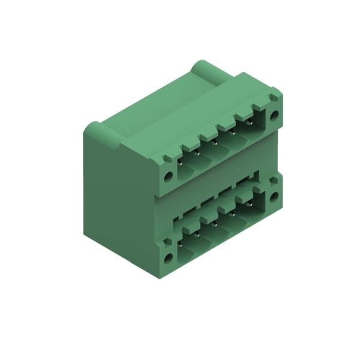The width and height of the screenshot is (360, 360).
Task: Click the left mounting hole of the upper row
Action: click(x=169, y=176)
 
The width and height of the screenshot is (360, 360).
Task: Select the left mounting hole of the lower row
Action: click(x=169, y=257)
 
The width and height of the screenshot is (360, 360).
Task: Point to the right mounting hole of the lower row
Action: click(x=274, y=196)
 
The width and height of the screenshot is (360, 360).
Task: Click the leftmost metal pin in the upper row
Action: click(x=181, y=162)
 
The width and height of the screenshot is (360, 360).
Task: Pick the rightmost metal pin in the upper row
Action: click(x=250, y=122)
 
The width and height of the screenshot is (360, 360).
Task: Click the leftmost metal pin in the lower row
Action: click(x=181, y=244)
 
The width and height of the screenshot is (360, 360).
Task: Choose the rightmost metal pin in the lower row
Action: click(x=250, y=205)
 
